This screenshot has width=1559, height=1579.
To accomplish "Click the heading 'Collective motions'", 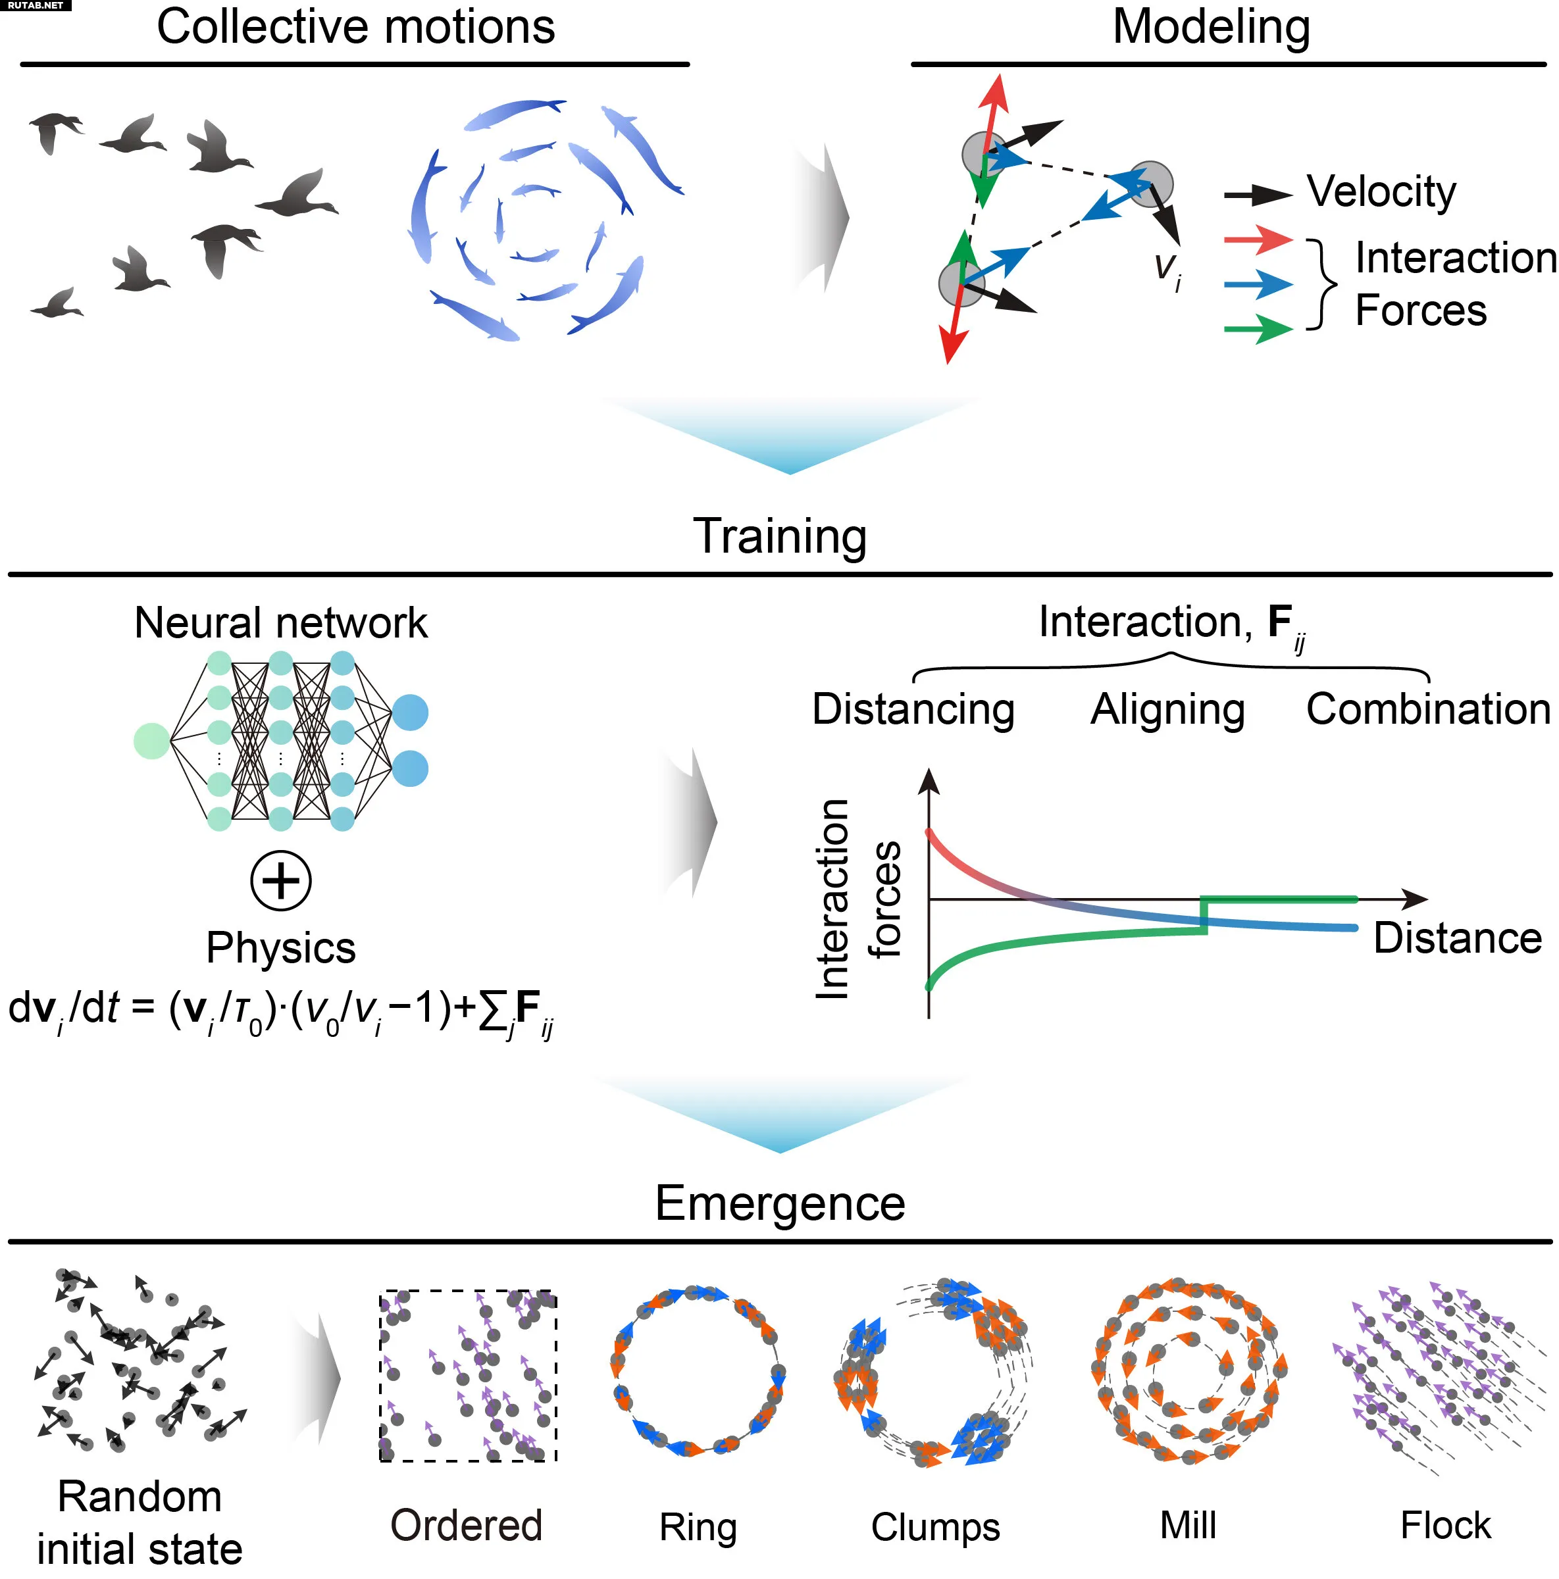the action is (x=355, y=26).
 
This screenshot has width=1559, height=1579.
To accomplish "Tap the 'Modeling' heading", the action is (x=1211, y=28).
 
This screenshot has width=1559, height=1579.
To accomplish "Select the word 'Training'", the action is (x=780, y=537).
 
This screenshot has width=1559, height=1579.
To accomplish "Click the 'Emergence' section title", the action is (x=780, y=1203).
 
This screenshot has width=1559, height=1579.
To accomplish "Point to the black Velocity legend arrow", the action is (x=1258, y=195).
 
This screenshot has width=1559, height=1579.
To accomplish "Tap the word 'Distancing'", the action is (x=913, y=709).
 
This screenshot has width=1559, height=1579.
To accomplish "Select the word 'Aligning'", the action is (x=1167, y=709).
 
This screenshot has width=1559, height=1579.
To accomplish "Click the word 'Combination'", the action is (x=1428, y=709).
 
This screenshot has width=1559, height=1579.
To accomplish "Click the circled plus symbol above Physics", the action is (x=280, y=880).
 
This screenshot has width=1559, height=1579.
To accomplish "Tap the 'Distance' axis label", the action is (x=1458, y=938).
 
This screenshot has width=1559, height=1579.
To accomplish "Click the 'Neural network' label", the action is (x=280, y=623).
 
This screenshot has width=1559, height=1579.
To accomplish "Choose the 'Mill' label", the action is (x=1188, y=1525).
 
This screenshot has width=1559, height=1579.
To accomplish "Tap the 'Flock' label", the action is (x=1445, y=1525).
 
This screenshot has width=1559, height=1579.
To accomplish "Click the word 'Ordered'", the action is (x=466, y=1525).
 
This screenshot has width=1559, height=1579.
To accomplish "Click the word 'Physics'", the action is (x=280, y=949).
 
